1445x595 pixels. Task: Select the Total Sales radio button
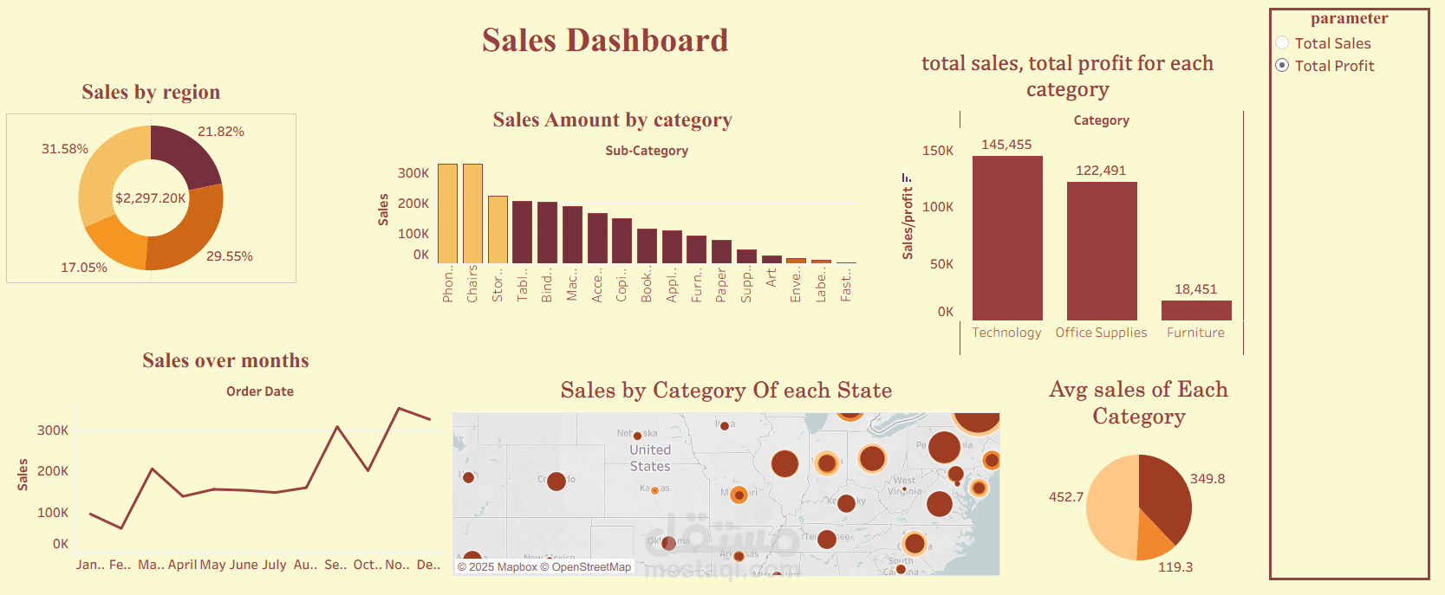[1283, 43]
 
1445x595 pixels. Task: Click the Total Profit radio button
[1283, 66]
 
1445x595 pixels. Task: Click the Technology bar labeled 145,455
[1006, 238]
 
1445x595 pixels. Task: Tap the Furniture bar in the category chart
[1195, 310]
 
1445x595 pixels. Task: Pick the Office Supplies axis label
[1101, 333]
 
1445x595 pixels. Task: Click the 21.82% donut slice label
[220, 132]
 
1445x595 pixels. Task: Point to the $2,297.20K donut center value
[151, 198]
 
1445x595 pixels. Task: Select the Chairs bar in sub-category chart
[472, 213]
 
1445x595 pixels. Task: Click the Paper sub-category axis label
[721, 284]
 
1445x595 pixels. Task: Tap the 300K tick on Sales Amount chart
[413, 173]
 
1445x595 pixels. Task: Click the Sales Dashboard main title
[605, 41]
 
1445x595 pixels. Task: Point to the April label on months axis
[182, 565]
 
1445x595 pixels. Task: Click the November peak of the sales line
[399, 408]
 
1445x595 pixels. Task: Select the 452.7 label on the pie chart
[1066, 497]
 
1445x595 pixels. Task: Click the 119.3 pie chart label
[1175, 567]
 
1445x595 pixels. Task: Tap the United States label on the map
[650, 458]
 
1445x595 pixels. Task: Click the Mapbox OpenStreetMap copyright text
[544, 567]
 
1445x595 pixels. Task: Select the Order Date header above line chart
[259, 391]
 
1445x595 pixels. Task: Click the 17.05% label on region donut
[84, 268]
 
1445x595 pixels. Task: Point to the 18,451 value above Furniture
[1195, 289]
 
